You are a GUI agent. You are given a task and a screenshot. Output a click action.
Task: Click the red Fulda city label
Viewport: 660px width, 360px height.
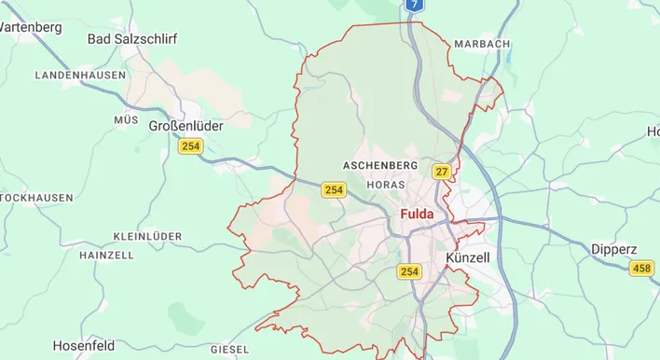[x=423, y=215]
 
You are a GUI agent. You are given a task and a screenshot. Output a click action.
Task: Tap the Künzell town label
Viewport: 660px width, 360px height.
[x=468, y=256]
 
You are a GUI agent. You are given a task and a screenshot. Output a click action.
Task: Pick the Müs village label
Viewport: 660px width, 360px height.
[x=126, y=120]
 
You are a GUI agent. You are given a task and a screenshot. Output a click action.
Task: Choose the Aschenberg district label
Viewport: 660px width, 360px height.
[x=380, y=165]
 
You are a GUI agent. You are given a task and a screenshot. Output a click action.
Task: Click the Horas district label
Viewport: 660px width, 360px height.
[x=387, y=185]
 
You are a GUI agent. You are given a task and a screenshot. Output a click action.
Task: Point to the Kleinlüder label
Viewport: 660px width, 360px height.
[x=146, y=236]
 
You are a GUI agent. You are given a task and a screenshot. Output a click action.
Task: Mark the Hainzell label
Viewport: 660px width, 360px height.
[x=106, y=255]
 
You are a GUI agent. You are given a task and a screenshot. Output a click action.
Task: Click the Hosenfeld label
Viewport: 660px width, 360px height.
[x=84, y=346]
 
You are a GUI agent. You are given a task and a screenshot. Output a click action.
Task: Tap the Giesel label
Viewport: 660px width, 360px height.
[x=229, y=349]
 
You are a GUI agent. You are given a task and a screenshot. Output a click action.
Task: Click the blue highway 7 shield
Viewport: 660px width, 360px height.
[x=415, y=5]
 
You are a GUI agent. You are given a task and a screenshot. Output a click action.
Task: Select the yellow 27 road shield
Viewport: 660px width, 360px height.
[x=442, y=172]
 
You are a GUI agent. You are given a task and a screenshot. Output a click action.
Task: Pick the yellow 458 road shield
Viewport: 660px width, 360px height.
[x=641, y=269]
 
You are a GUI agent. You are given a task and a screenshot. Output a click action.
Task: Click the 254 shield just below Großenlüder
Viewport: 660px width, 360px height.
[x=191, y=146]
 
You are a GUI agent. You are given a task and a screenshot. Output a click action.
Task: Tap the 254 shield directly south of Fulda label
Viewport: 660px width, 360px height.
[x=409, y=271]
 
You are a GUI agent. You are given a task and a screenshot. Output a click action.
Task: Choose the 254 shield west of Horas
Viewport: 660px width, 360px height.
[x=334, y=189]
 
